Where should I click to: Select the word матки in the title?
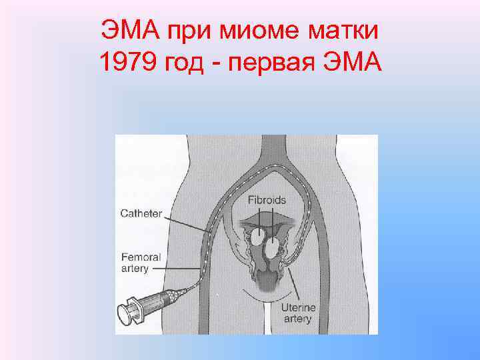coord(347,30)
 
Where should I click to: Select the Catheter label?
coord(141,213)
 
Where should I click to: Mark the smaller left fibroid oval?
coord(257,233)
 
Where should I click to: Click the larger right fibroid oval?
coord(272,249)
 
